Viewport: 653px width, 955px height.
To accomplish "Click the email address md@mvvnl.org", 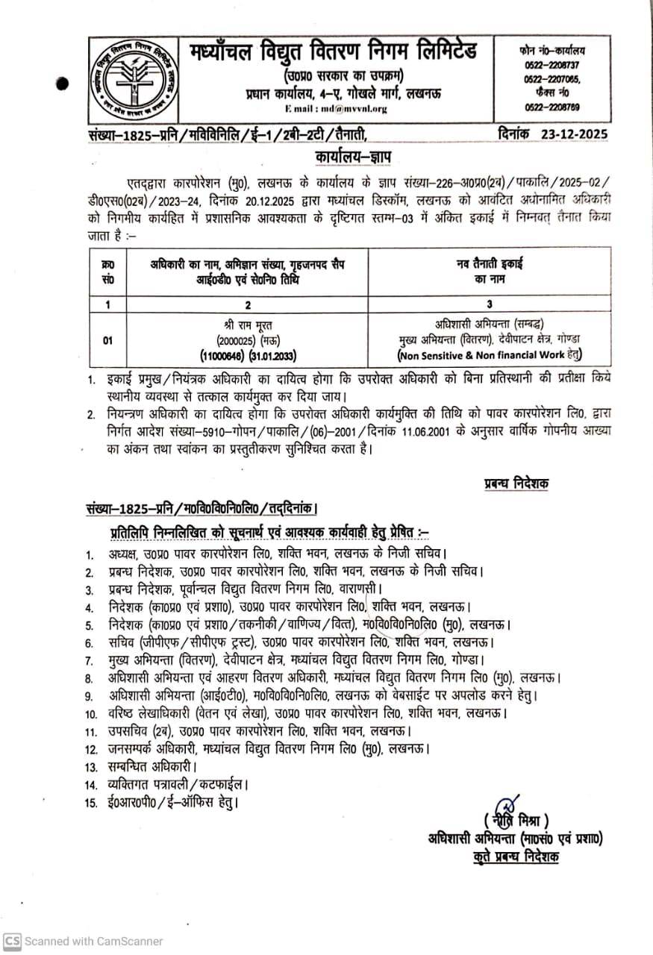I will [347, 109].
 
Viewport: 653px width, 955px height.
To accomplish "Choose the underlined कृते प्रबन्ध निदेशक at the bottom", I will [516, 857].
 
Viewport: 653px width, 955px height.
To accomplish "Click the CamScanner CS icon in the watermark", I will [12, 941].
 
